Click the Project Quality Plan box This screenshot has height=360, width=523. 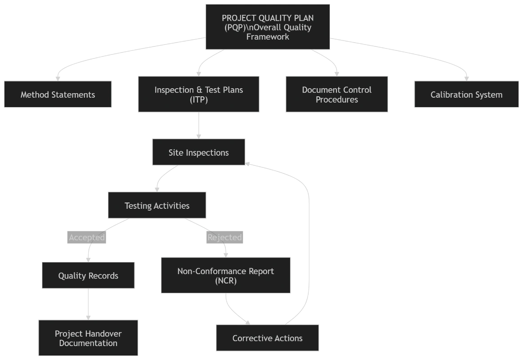point(268,27)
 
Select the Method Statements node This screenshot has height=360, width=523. point(58,94)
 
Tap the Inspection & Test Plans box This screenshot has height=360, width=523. point(199,94)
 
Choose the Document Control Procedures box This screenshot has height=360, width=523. point(336,94)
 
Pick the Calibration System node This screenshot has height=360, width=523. point(466,94)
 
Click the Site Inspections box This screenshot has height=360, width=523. point(199,153)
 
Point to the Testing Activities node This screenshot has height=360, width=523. point(157,206)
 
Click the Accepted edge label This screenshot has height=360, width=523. point(87,238)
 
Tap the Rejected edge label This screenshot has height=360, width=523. point(224,238)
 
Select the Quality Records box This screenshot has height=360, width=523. point(88,276)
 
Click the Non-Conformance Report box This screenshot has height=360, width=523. point(225,276)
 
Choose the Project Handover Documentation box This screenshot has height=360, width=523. point(88,338)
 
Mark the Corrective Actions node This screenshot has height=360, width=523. point(268,338)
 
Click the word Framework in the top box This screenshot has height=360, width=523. point(268,37)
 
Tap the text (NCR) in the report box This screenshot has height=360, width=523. point(225,281)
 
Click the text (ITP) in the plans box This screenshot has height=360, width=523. point(199,99)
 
